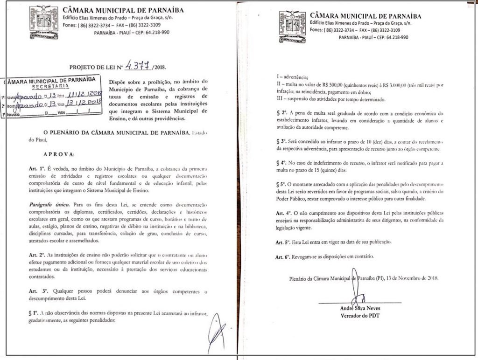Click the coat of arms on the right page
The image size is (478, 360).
click(293, 24)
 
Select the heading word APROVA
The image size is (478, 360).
click(55, 153)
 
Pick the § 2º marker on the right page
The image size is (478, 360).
click(278, 113)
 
